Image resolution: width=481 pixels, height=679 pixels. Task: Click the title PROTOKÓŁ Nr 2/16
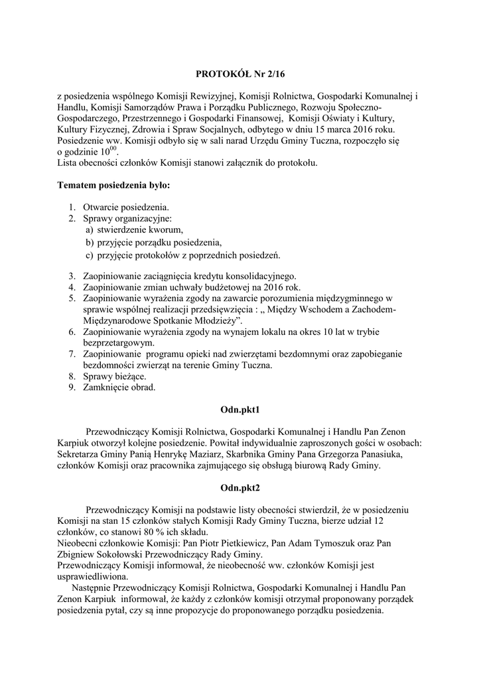click(240, 76)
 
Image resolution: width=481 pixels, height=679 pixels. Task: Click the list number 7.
click(71, 354)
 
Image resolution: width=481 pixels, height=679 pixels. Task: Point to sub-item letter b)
click(90, 242)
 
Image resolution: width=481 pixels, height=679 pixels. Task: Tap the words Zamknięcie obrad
click(119, 387)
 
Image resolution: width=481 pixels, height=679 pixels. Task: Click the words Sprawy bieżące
click(110, 376)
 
